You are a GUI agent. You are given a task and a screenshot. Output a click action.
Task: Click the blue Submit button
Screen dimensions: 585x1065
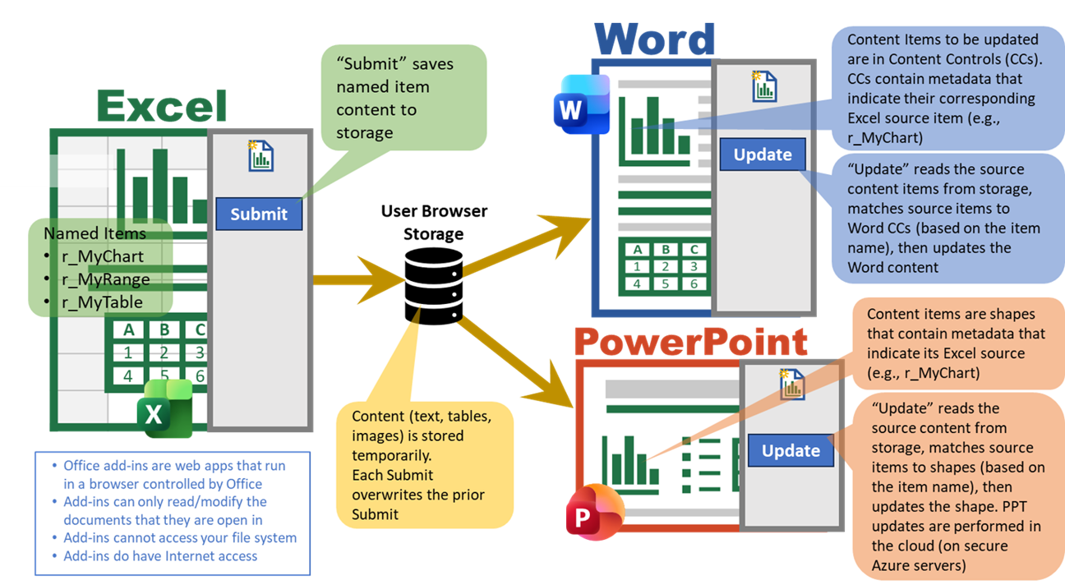click(259, 214)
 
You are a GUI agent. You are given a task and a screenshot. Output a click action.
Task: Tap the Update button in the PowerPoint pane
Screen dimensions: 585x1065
click(791, 450)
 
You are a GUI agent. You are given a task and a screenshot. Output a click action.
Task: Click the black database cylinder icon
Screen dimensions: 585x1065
click(433, 285)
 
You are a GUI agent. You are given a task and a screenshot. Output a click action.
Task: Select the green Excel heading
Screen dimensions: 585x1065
click(162, 107)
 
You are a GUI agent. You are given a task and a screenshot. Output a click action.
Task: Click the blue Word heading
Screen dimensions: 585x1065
click(655, 39)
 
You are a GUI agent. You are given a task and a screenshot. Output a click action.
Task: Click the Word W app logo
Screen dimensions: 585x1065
click(581, 104)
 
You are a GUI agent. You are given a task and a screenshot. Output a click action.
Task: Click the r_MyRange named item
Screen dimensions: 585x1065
click(105, 279)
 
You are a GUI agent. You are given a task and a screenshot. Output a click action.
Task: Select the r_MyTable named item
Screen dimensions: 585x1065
click(102, 302)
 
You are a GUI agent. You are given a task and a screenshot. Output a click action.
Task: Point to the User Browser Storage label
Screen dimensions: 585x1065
click(434, 223)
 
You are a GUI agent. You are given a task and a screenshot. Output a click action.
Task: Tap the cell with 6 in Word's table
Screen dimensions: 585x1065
click(694, 283)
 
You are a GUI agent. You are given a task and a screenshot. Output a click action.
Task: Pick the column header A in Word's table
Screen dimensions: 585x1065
click(637, 250)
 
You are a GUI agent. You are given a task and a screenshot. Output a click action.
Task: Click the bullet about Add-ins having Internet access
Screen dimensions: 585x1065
click(160, 556)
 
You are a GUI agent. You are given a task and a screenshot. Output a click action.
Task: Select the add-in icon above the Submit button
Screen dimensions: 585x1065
click(260, 155)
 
